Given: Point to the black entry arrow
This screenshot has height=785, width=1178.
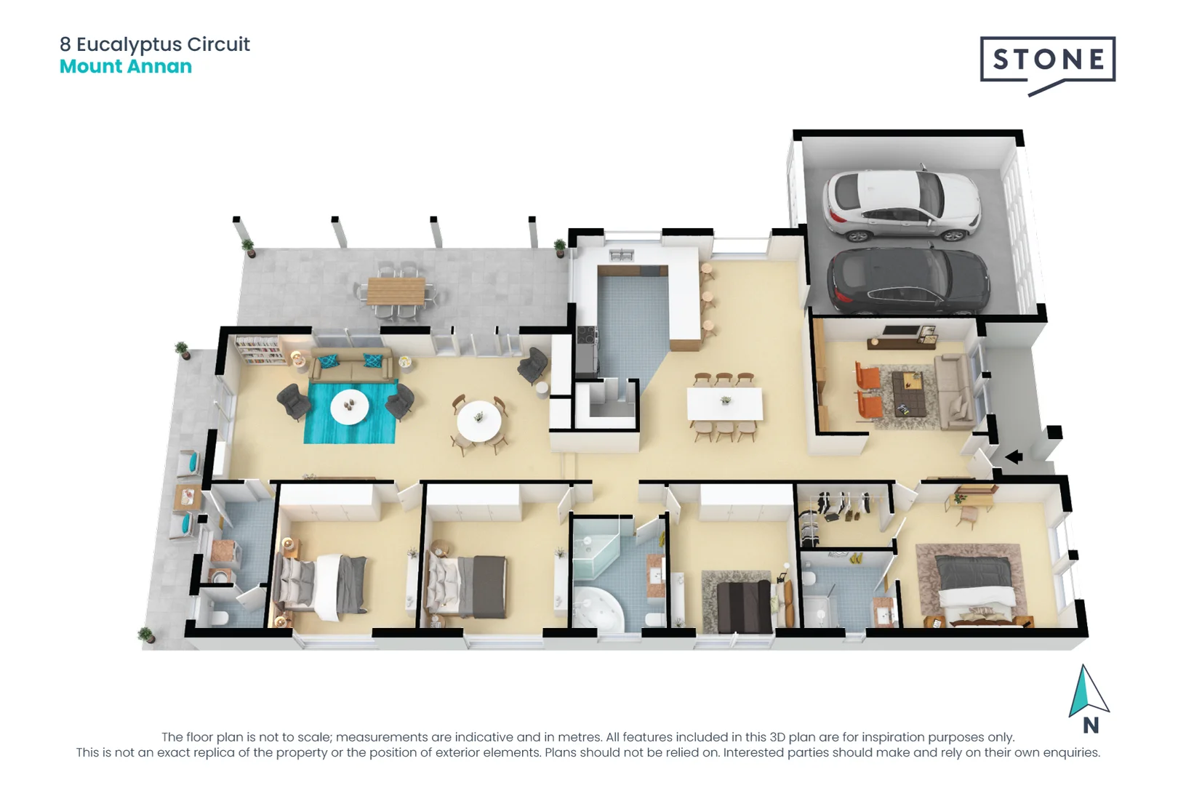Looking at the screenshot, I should (1014, 457).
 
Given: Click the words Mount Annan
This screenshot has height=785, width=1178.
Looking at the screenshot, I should (126, 66).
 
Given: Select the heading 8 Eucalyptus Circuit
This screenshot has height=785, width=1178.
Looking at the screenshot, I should (155, 44).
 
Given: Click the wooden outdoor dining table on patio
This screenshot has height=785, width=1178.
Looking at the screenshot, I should (396, 291).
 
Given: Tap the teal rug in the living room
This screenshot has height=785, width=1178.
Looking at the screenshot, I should (350, 413).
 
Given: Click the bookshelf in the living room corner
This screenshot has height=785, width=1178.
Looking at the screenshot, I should (257, 350).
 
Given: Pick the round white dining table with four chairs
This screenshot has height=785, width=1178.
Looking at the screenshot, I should (478, 420).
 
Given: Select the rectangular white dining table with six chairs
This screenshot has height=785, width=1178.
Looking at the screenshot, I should (725, 404).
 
